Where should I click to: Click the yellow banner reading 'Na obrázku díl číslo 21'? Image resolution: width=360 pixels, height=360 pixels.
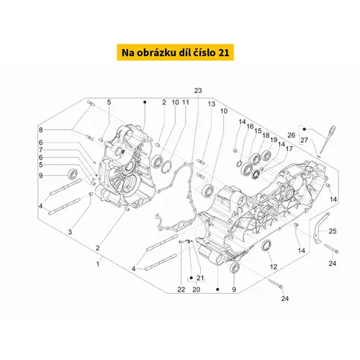tap(176, 53)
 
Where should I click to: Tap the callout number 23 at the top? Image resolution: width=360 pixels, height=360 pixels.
tap(198, 91)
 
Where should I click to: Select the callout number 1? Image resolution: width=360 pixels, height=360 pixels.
tap(98, 264)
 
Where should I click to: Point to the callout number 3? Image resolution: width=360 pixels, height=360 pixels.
tap(70, 232)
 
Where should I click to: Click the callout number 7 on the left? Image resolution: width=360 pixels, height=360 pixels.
tap(41, 150)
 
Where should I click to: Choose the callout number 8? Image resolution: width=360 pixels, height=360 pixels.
tap(41, 130)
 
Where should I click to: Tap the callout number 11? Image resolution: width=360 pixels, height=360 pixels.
tap(186, 102)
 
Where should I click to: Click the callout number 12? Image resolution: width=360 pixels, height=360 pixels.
tap(274, 266)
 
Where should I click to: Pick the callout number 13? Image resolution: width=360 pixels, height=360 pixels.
tap(212, 104)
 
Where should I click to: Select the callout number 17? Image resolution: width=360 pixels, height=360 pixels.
tap(289, 149)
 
